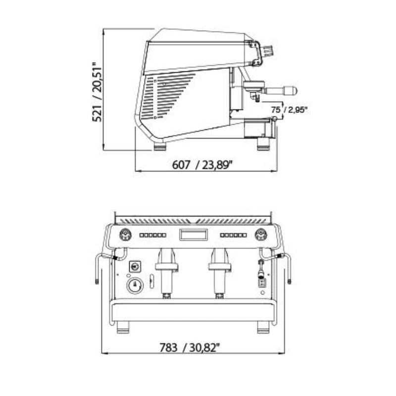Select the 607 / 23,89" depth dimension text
pyautogui.click(x=202, y=165)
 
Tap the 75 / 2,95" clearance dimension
pyautogui.click(x=290, y=110)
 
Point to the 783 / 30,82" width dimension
pyautogui.click(x=190, y=348)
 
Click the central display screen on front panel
pyautogui.click(x=194, y=234)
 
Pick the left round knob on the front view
pyautogui.click(x=126, y=235)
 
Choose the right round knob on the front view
pyautogui.click(x=261, y=235)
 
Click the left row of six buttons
pyautogui.click(x=153, y=236)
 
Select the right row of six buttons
pyautogui.click(x=233, y=236)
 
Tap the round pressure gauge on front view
pyautogui.click(x=135, y=286)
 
